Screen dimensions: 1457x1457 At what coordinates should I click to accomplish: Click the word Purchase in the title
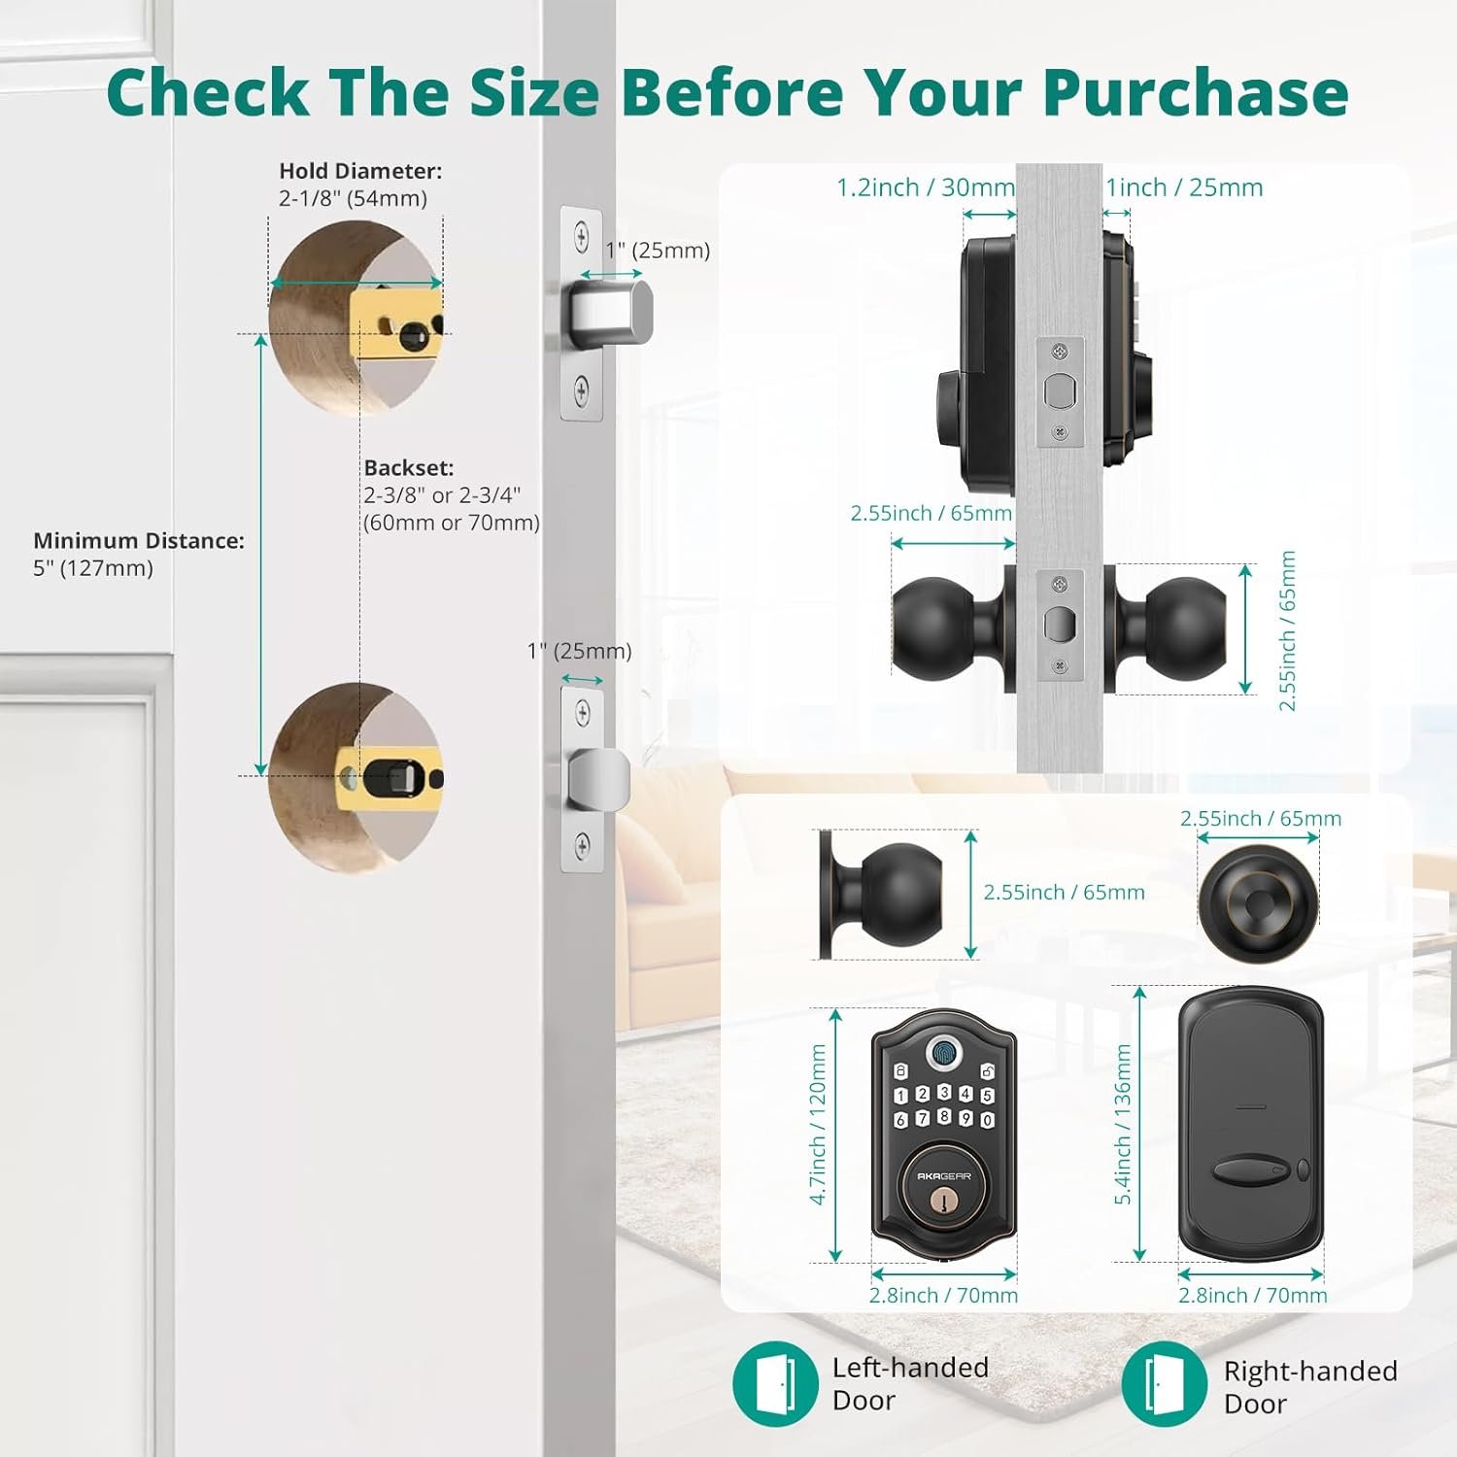[x=1196, y=92]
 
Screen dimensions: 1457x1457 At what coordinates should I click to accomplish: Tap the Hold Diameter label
[x=360, y=171]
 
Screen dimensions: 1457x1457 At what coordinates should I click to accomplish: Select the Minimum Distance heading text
[x=139, y=540]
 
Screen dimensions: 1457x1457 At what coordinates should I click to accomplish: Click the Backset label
[x=409, y=467]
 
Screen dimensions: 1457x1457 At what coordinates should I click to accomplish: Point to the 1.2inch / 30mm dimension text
[x=926, y=187]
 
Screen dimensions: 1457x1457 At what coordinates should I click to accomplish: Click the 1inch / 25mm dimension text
[x=1184, y=187]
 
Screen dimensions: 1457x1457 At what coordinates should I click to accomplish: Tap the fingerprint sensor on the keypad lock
[x=943, y=1051]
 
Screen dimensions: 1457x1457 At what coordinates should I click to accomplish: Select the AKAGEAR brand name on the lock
[x=943, y=1176]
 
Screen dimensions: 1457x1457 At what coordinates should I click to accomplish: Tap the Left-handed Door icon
[x=774, y=1383]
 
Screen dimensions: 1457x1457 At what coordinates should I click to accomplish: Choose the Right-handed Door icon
[x=1163, y=1383]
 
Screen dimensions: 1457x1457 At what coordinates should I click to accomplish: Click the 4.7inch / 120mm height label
[x=818, y=1125]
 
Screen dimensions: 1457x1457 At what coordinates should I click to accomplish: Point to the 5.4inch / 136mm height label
[x=1123, y=1125]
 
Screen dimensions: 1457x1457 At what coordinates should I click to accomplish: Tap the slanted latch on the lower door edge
[x=599, y=780]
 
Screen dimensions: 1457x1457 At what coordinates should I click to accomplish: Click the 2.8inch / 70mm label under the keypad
[x=943, y=1295]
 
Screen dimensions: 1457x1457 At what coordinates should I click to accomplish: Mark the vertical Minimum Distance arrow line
[x=260, y=555]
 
